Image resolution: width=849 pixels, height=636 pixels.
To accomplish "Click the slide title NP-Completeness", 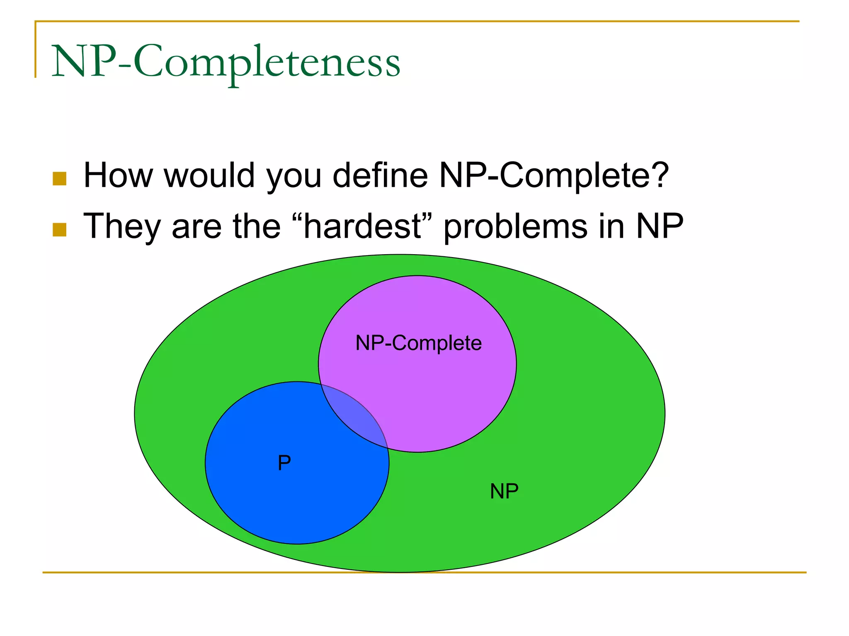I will coord(226,62).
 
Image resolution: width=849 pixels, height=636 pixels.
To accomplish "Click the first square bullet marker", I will coord(60,178).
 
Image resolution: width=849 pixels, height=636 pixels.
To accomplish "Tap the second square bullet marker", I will coord(60,230).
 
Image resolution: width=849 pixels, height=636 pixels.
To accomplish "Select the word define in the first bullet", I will coord(381,176).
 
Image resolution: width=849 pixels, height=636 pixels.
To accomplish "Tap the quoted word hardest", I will coord(363,226).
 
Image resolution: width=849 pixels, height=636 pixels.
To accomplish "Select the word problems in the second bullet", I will coord(515,227).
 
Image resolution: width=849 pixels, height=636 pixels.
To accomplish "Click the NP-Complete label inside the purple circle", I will coord(419,343).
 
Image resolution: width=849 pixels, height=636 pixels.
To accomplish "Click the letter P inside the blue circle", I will coord(284,463).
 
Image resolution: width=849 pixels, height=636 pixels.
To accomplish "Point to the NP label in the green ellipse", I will coord(504,491).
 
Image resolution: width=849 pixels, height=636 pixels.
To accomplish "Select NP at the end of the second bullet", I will coord(660,226).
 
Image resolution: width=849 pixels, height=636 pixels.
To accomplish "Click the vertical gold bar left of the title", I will coord(36,49).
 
